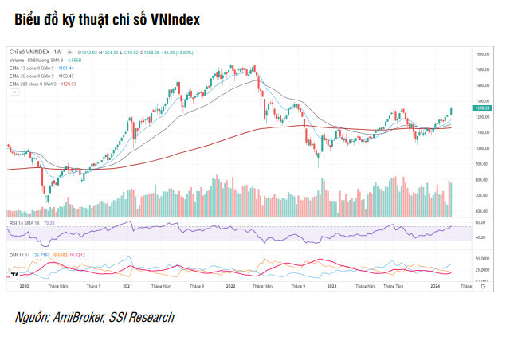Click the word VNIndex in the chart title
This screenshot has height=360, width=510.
pyautogui.click(x=171, y=17)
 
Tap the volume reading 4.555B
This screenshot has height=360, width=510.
pyautogui.click(x=76, y=61)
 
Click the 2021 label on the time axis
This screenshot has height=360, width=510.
pyautogui.click(x=127, y=285)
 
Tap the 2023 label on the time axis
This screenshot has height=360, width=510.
pyautogui.click(x=331, y=285)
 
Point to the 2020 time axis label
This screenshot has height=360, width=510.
pyautogui.click(x=24, y=285)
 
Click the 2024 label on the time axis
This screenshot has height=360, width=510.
pyautogui.click(x=434, y=285)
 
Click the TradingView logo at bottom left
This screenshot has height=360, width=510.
pyautogui.click(x=15, y=272)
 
